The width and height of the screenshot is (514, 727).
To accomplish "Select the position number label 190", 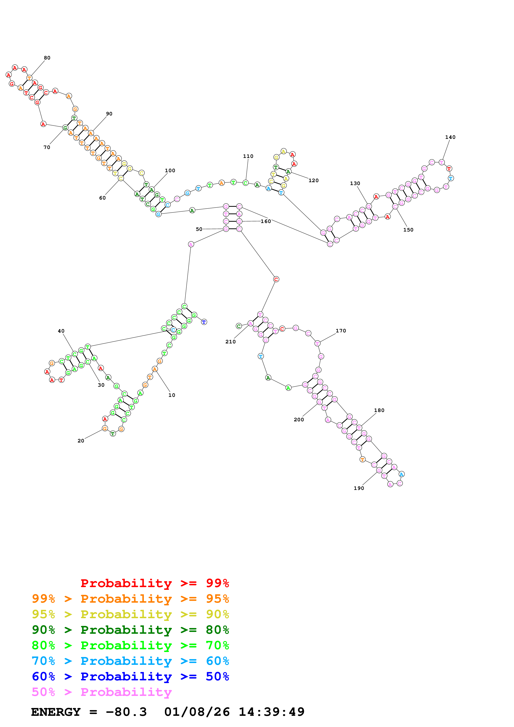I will [359, 488].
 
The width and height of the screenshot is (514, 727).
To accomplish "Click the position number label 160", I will [266, 221].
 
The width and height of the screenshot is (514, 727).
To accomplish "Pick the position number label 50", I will [199, 229].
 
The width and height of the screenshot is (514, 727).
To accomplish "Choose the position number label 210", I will [231, 342].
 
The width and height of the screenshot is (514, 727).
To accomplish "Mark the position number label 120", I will [314, 181].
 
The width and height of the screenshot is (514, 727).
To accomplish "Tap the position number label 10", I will [172, 395].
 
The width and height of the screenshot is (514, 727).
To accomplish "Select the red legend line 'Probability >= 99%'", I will [154, 583].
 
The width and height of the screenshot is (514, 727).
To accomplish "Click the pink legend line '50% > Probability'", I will [102, 692].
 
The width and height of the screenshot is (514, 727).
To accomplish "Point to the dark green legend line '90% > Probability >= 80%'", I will [130, 630].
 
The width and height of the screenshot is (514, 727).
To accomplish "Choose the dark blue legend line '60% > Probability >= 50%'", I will [130, 676].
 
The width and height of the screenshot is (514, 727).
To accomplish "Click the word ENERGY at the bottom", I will [56, 712].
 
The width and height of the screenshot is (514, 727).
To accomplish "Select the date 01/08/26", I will [197, 712].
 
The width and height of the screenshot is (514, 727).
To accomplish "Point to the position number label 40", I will [61, 331].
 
